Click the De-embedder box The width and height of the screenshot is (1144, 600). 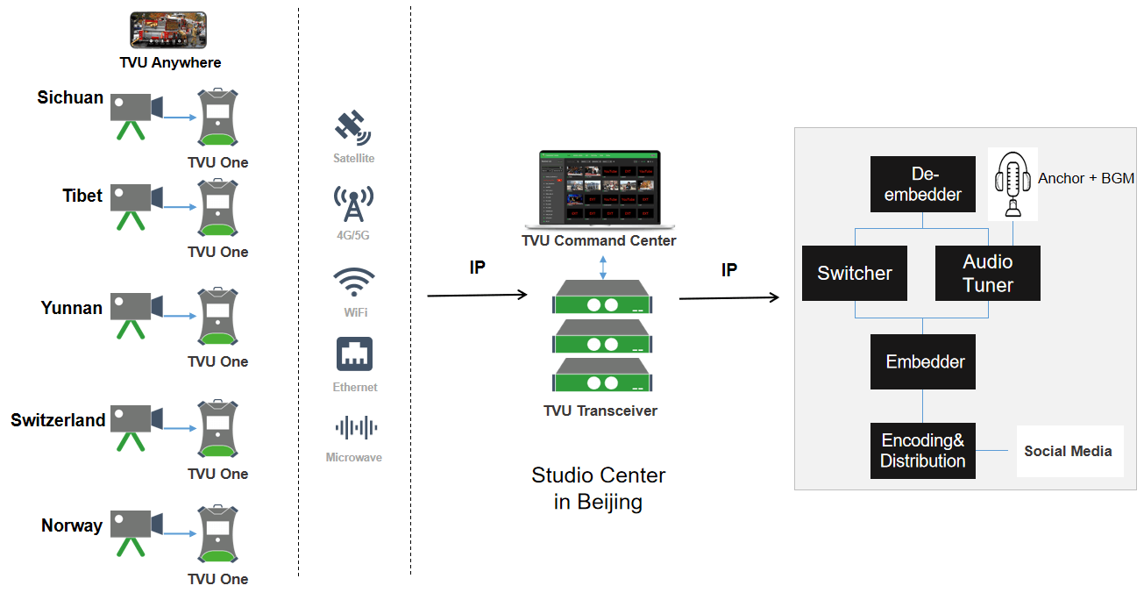tap(923, 183)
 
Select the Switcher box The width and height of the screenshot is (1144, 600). tap(855, 273)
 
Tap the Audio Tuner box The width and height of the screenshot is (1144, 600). tap(988, 273)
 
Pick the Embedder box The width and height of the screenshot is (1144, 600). tap(923, 361)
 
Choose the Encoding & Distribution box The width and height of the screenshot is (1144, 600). tap(923, 451)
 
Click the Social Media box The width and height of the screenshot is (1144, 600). tap(1069, 451)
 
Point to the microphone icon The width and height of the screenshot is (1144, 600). tap(1013, 183)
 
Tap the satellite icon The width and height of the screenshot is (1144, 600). tap(353, 129)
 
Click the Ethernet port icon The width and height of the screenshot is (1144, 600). tap(355, 354)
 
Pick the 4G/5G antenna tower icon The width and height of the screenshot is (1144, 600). tap(354, 204)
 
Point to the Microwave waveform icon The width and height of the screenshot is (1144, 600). tap(354, 428)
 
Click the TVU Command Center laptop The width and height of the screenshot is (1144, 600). tap(599, 189)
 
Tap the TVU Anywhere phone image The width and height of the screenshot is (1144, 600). tap(168, 30)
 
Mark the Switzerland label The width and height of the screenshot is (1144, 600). tap(58, 420)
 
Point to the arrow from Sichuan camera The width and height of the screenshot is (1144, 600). tap(180, 117)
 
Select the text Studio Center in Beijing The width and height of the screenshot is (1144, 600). tap(599, 489)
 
